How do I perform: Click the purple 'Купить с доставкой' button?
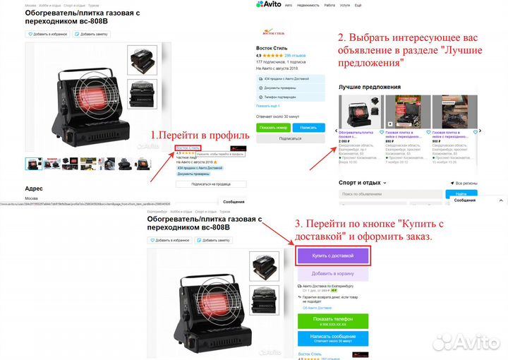tap(332, 256)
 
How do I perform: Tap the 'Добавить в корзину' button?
tap(332, 274)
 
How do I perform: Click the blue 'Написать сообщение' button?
tap(332, 340)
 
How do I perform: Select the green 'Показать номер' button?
tap(273, 127)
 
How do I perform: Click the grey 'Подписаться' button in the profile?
tap(289, 138)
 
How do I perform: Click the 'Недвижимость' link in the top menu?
tap(308, 5)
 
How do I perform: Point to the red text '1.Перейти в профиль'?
tap(199, 135)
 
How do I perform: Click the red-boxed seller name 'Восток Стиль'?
tap(188, 148)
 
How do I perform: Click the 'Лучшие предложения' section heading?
tap(369, 87)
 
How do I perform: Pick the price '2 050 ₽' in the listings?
tap(345, 140)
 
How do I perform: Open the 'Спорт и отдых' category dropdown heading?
tap(361, 183)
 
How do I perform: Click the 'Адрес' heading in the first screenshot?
tap(34, 188)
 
